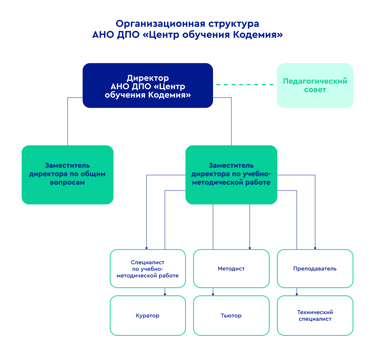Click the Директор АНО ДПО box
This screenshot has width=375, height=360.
click(148, 86)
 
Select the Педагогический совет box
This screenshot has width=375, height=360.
click(315, 86)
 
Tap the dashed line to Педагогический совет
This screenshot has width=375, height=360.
click(245, 85)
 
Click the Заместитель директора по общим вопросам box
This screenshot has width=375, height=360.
click(67, 175)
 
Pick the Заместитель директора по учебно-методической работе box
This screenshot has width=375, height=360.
click(231, 175)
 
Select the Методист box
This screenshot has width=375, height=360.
click(231, 269)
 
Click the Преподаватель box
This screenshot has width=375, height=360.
click(315, 269)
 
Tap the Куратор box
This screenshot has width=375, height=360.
click(148, 316)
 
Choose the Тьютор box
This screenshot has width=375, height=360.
click(231, 316)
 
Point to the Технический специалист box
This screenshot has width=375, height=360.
click(315, 316)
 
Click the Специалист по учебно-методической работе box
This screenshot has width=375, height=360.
click(148, 269)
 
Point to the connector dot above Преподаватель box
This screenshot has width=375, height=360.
click(315, 248)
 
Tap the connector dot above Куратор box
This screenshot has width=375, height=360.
click(165, 294)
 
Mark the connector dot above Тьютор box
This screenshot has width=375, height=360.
click(213, 294)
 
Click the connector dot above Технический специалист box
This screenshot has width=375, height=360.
click(297, 294)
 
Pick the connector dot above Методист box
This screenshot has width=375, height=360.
click(250, 248)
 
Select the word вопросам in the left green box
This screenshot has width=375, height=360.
click(67, 182)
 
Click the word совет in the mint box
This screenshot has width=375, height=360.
click(315, 90)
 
